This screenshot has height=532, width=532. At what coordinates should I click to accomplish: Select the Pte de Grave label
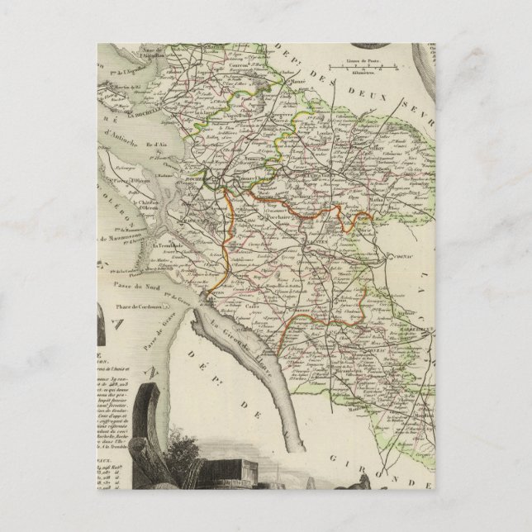click(177, 294)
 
